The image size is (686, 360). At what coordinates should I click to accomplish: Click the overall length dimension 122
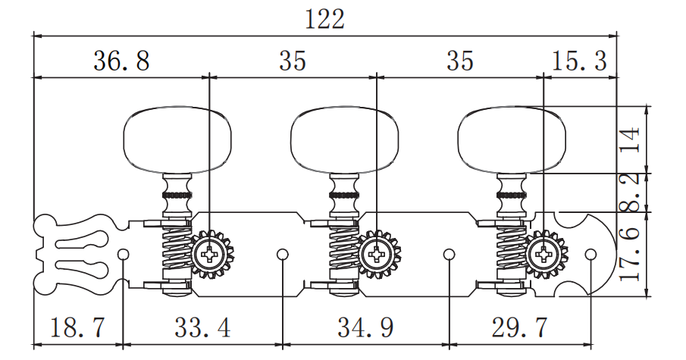pos(324,19)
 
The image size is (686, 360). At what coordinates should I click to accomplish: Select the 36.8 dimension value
pos(121,61)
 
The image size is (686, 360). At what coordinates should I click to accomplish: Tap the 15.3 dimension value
pos(579,61)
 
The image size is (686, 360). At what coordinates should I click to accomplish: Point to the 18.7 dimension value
pos(78,327)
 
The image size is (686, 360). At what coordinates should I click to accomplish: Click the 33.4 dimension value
pos(202,327)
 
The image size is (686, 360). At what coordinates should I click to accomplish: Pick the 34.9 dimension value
pos(365,327)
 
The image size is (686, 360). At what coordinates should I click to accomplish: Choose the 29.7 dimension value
pos(520,327)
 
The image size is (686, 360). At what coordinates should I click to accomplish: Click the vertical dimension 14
pos(631,139)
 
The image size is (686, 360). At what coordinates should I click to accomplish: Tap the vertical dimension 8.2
pos(631,192)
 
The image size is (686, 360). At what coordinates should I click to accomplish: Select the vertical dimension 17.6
pos(631,253)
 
